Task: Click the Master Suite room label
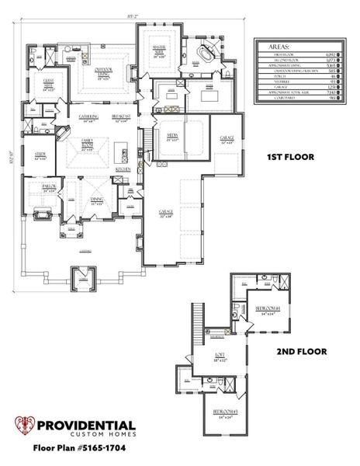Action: [161, 52]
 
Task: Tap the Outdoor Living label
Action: [104, 75]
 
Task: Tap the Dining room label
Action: [98, 200]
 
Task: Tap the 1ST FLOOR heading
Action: [290, 157]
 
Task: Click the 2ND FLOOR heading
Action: [301, 351]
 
